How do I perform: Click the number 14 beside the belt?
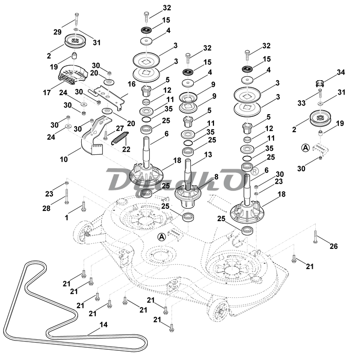click(x=103, y=325)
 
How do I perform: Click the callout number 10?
click(x=64, y=159)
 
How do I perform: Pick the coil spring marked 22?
click(x=121, y=139)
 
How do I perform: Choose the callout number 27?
click(x=119, y=128)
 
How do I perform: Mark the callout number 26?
click(x=333, y=246)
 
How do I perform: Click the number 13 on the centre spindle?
click(x=208, y=154)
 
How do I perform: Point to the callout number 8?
click(x=216, y=176)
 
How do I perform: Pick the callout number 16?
click(x=132, y=83)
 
